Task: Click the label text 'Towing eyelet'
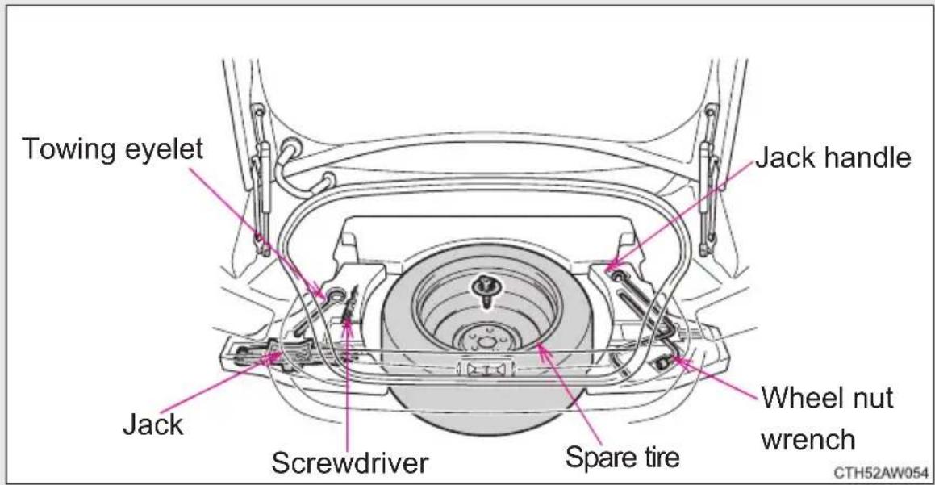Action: pyautogui.click(x=113, y=149)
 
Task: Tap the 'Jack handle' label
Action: pyautogui.click(x=833, y=158)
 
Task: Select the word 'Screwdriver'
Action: pyautogui.click(x=349, y=462)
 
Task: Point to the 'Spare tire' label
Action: pyautogui.click(x=622, y=458)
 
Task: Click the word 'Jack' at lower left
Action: pyautogui.click(x=152, y=424)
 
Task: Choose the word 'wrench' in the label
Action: pyautogui.click(x=808, y=441)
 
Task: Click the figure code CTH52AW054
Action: pyautogui.click(x=880, y=473)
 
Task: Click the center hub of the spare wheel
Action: pyautogui.click(x=486, y=342)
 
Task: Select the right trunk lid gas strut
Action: pyautogui.click(x=710, y=179)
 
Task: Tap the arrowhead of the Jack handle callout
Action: pyautogui.click(x=609, y=265)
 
